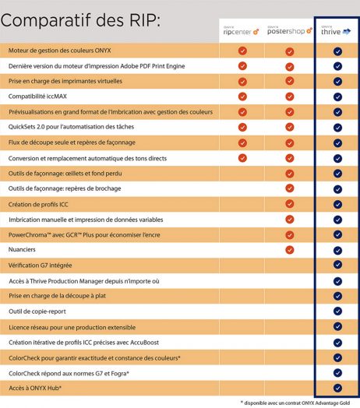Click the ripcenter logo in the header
(x=241, y=31)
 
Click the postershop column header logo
(x=290, y=30)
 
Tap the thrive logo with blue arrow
(x=336, y=31)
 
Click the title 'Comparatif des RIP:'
(x=80, y=20)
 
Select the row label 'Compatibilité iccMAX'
(x=37, y=97)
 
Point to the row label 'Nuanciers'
(x=22, y=249)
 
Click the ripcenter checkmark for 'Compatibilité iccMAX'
(x=242, y=97)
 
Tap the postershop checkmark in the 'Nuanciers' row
(x=290, y=250)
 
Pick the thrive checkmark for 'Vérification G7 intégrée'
(x=337, y=265)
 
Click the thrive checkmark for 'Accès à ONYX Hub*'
(x=337, y=388)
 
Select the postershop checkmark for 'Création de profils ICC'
(x=290, y=204)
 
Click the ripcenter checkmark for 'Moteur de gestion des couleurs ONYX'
(x=242, y=51)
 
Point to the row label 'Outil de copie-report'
(x=37, y=311)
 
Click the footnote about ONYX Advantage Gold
(x=295, y=403)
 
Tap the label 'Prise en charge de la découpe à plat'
(x=58, y=296)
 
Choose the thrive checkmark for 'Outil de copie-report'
(x=337, y=311)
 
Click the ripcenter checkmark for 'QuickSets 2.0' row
(x=242, y=127)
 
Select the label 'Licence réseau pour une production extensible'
(x=72, y=327)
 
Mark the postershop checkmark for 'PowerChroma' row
(x=290, y=235)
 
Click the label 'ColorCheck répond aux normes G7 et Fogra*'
(x=69, y=374)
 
